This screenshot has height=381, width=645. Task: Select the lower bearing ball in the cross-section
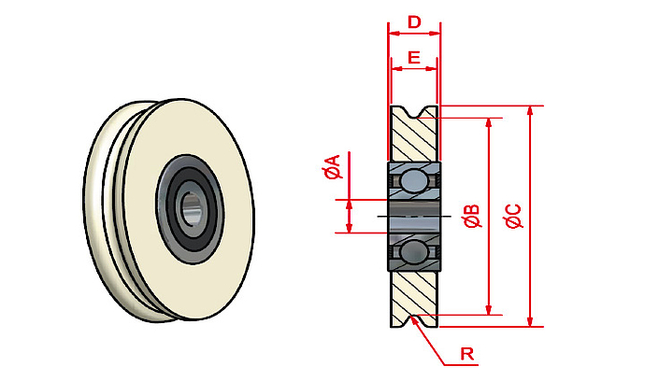click(x=414, y=251)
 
